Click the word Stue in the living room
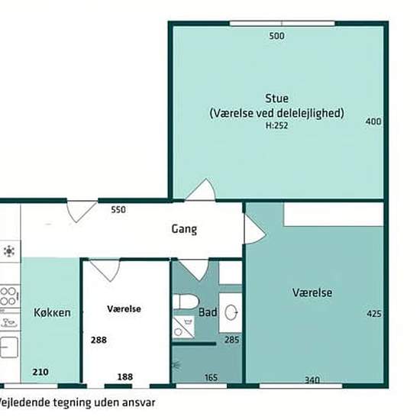pyautogui.click(x=276, y=98)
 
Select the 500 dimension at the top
pyautogui.click(x=276, y=36)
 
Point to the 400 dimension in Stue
pyautogui.click(x=373, y=121)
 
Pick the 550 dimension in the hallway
pyautogui.click(x=118, y=209)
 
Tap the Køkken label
pyautogui.click(x=52, y=312)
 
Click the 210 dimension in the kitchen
pyautogui.click(x=41, y=373)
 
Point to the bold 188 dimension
pyautogui.click(x=124, y=376)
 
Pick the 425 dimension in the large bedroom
pyautogui.click(x=373, y=314)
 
